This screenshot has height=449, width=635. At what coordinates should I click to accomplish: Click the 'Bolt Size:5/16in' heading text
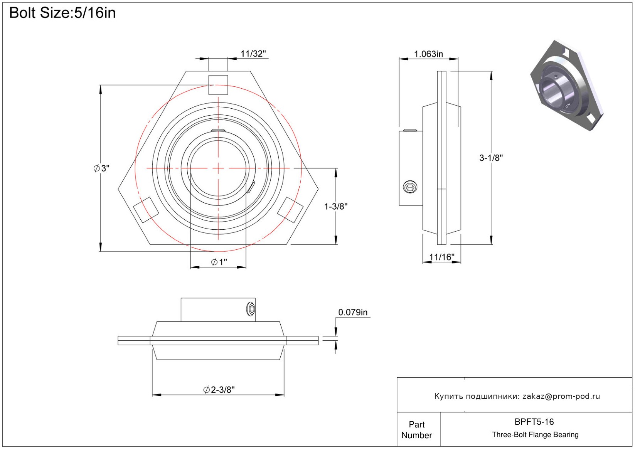pyautogui.click(x=62, y=13)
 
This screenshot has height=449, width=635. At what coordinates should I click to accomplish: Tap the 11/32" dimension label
pyautogui.click(x=253, y=54)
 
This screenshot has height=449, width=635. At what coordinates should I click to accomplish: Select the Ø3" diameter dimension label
pyautogui.click(x=101, y=168)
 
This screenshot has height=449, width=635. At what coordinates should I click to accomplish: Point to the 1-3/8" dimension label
pyautogui.click(x=336, y=206)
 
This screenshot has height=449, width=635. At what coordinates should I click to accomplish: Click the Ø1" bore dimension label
pyautogui.click(x=219, y=262)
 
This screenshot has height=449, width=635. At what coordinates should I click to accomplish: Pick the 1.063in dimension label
pyautogui.click(x=428, y=54)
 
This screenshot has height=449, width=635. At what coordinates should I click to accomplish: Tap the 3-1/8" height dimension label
pyautogui.click(x=491, y=158)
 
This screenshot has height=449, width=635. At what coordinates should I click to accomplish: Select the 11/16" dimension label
pyautogui.click(x=442, y=257)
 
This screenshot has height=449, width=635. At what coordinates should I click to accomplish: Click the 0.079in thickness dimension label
pyautogui.click(x=353, y=312)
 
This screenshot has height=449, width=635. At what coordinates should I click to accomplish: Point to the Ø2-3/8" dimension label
pyautogui.click(x=219, y=390)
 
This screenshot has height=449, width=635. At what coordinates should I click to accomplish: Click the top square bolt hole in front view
pyautogui.click(x=218, y=85)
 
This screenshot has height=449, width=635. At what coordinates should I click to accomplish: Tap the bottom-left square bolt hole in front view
pyautogui.click(x=146, y=210)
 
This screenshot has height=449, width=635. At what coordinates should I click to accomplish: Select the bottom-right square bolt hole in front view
pyautogui.click(x=290, y=210)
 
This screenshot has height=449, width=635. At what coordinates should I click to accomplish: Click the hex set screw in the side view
pyautogui.click(x=410, y=187)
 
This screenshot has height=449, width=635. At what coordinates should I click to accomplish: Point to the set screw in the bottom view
pyautogui.click(x=251, y=309)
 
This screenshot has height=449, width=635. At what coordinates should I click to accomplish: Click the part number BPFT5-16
pyautogui.click(x=534, y=422)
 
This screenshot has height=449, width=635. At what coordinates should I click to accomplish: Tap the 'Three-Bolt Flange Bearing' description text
pyautogui.click(x=535, y=434)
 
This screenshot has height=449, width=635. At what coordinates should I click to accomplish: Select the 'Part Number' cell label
pyautogui.click(x=416, y=430)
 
